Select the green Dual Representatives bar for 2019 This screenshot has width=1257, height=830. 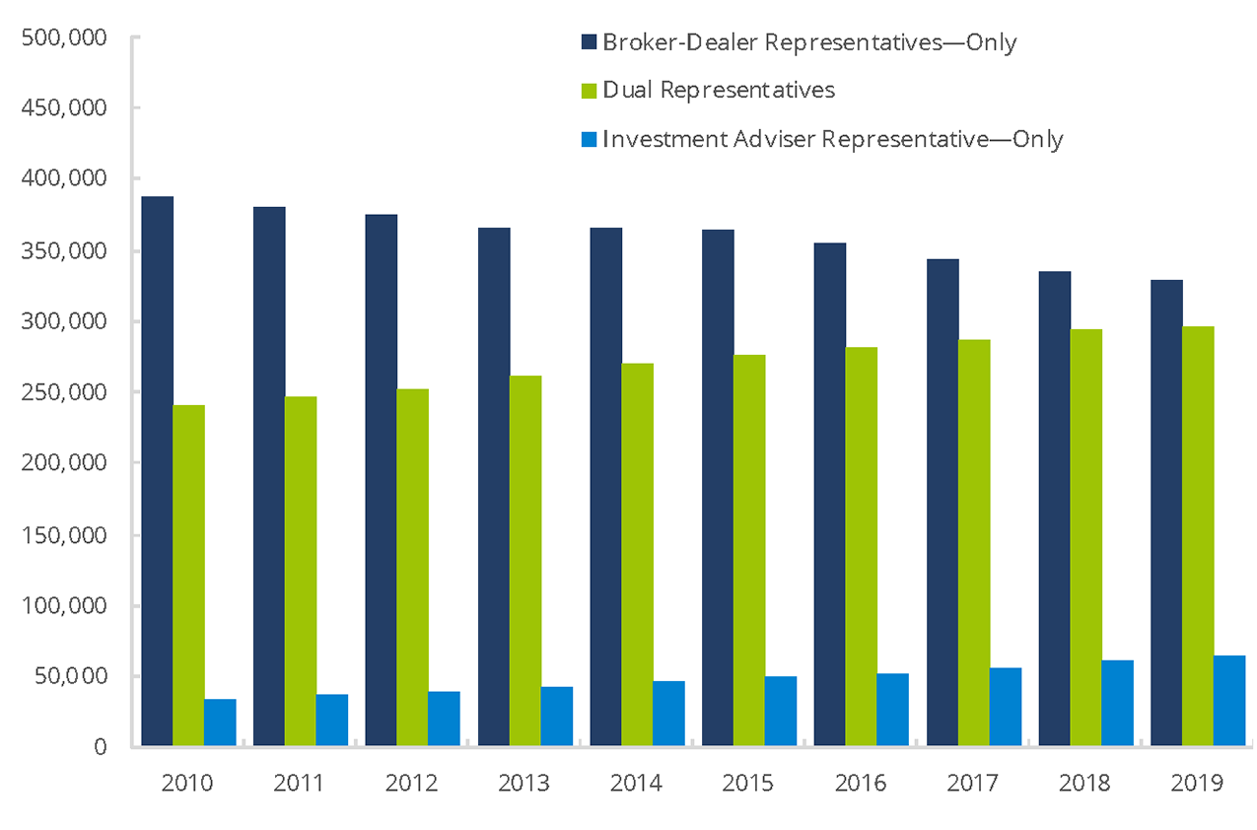1198,536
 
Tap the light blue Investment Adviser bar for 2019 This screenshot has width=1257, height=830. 1229,701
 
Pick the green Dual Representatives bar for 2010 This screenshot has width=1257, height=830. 189,576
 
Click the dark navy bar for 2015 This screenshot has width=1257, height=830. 718,488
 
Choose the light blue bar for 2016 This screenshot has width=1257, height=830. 892,710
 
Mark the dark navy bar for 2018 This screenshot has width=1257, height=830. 1054,509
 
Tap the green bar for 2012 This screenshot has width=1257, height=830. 413,568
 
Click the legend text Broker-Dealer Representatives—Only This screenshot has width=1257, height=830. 808,42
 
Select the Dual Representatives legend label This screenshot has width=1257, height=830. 719,90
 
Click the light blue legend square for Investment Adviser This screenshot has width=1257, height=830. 589,139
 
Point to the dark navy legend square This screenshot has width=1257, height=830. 589,42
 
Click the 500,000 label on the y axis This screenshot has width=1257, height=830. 64,37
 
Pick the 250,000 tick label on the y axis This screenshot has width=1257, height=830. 64,392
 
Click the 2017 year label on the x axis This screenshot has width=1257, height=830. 973,784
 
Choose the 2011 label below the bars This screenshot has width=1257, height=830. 300,784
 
